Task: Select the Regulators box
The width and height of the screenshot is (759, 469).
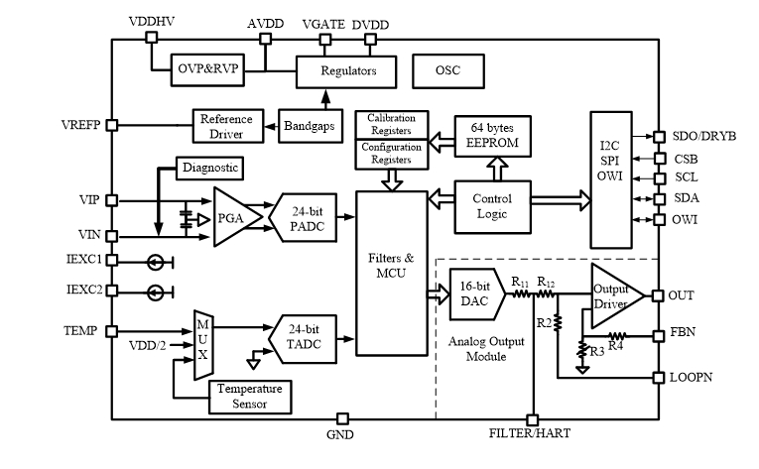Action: pyautogui.click(x=346, y=71)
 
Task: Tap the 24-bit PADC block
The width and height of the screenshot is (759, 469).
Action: pyautogui.click(x=304, y=218)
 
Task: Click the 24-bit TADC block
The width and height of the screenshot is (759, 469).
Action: pyautogui.click(x=304, y=335)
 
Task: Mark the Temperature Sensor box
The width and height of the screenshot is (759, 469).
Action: pyautogui.click(x=250, y=396)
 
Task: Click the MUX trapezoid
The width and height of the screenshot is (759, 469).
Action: pyautogui.click(x=202, y=343)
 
